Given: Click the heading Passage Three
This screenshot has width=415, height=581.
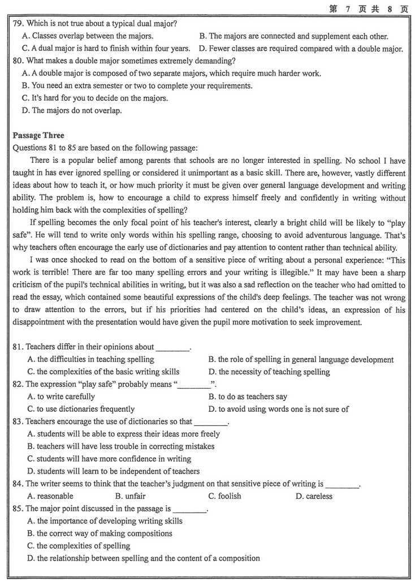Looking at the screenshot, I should (38, 136).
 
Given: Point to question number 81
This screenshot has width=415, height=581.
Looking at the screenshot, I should (18, 347).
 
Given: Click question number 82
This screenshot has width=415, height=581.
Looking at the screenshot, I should (18, 385).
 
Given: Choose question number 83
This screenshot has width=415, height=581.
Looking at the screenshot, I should (18, 422).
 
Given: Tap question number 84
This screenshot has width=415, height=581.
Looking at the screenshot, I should (18, 484).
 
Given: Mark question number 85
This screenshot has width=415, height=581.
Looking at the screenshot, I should (18, 509).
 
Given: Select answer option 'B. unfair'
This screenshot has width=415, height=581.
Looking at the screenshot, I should (130, 497).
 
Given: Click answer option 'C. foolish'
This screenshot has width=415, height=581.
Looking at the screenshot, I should (224, 497).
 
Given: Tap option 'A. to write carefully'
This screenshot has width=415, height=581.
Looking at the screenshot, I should (61, 397).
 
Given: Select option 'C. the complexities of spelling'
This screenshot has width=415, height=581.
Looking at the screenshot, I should (79, 546).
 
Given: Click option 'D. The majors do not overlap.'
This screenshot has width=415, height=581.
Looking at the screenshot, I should (71, 111).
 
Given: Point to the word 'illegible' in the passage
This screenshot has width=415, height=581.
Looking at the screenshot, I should (287, 273).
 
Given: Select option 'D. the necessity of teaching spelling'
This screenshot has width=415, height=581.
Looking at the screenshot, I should (269, 372).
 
